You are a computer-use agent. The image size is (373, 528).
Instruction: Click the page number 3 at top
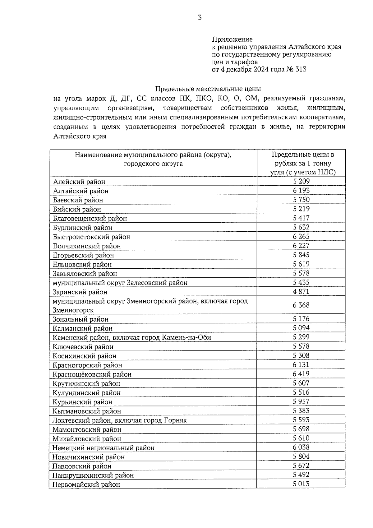(200, 18)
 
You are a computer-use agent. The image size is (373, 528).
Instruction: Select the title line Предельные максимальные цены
(208, 89)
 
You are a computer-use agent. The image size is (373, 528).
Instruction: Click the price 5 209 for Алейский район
(301, 181)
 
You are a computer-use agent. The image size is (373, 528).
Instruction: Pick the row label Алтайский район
(81, 191)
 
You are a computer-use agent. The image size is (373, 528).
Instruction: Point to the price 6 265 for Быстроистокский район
(301, 236)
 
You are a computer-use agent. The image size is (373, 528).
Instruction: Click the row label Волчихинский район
(87, 246)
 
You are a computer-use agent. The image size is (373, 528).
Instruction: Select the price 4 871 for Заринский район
(301, 291)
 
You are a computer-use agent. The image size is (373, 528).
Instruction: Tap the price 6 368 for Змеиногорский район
(301, 305)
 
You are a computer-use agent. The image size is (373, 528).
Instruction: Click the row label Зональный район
(81, 319)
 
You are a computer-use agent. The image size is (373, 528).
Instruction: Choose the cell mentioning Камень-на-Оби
(132, 337)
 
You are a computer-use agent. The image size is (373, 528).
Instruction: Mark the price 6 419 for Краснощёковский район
(301, 374)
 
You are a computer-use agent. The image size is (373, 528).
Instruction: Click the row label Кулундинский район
(86, 393)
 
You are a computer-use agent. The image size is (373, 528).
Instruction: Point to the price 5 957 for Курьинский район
(301, 401)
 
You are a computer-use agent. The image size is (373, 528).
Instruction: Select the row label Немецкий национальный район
(104, 448)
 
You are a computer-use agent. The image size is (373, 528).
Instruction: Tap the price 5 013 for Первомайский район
(301, 484)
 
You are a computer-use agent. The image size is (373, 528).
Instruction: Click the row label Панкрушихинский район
(93, 475)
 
